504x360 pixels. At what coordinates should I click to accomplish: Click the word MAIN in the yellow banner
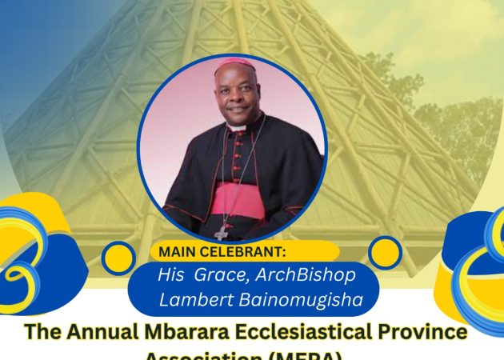[178, 252]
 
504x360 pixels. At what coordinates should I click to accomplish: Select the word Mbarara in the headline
[177, 331]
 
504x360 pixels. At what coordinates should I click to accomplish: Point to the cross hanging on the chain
[222, 231]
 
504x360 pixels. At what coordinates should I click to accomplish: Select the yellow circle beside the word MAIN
[119, 257]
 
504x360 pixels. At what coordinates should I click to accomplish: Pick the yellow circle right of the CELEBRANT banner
[385, 253]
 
